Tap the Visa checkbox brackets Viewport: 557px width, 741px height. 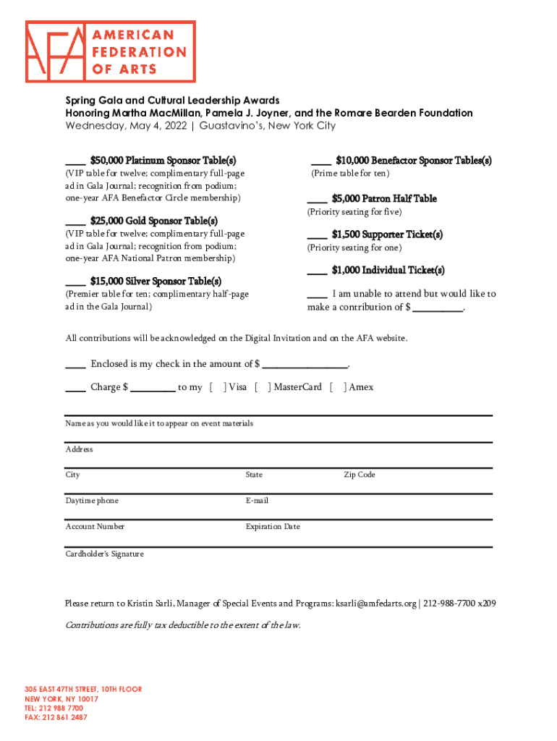coord(218,387)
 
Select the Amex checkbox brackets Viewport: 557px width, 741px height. coord(338,387)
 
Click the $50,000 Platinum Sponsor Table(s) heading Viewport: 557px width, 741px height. coord(163,161)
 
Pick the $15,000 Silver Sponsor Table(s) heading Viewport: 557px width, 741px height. coord(156,281)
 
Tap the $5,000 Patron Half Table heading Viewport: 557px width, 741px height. coord(384,198)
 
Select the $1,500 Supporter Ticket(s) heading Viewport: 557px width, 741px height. coord(387,234)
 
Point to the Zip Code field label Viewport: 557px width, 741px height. coord(360,475)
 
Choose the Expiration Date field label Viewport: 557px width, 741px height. coord(273,527)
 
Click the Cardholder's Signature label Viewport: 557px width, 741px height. coord(105,554)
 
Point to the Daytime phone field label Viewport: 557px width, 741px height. coord(92,501)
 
